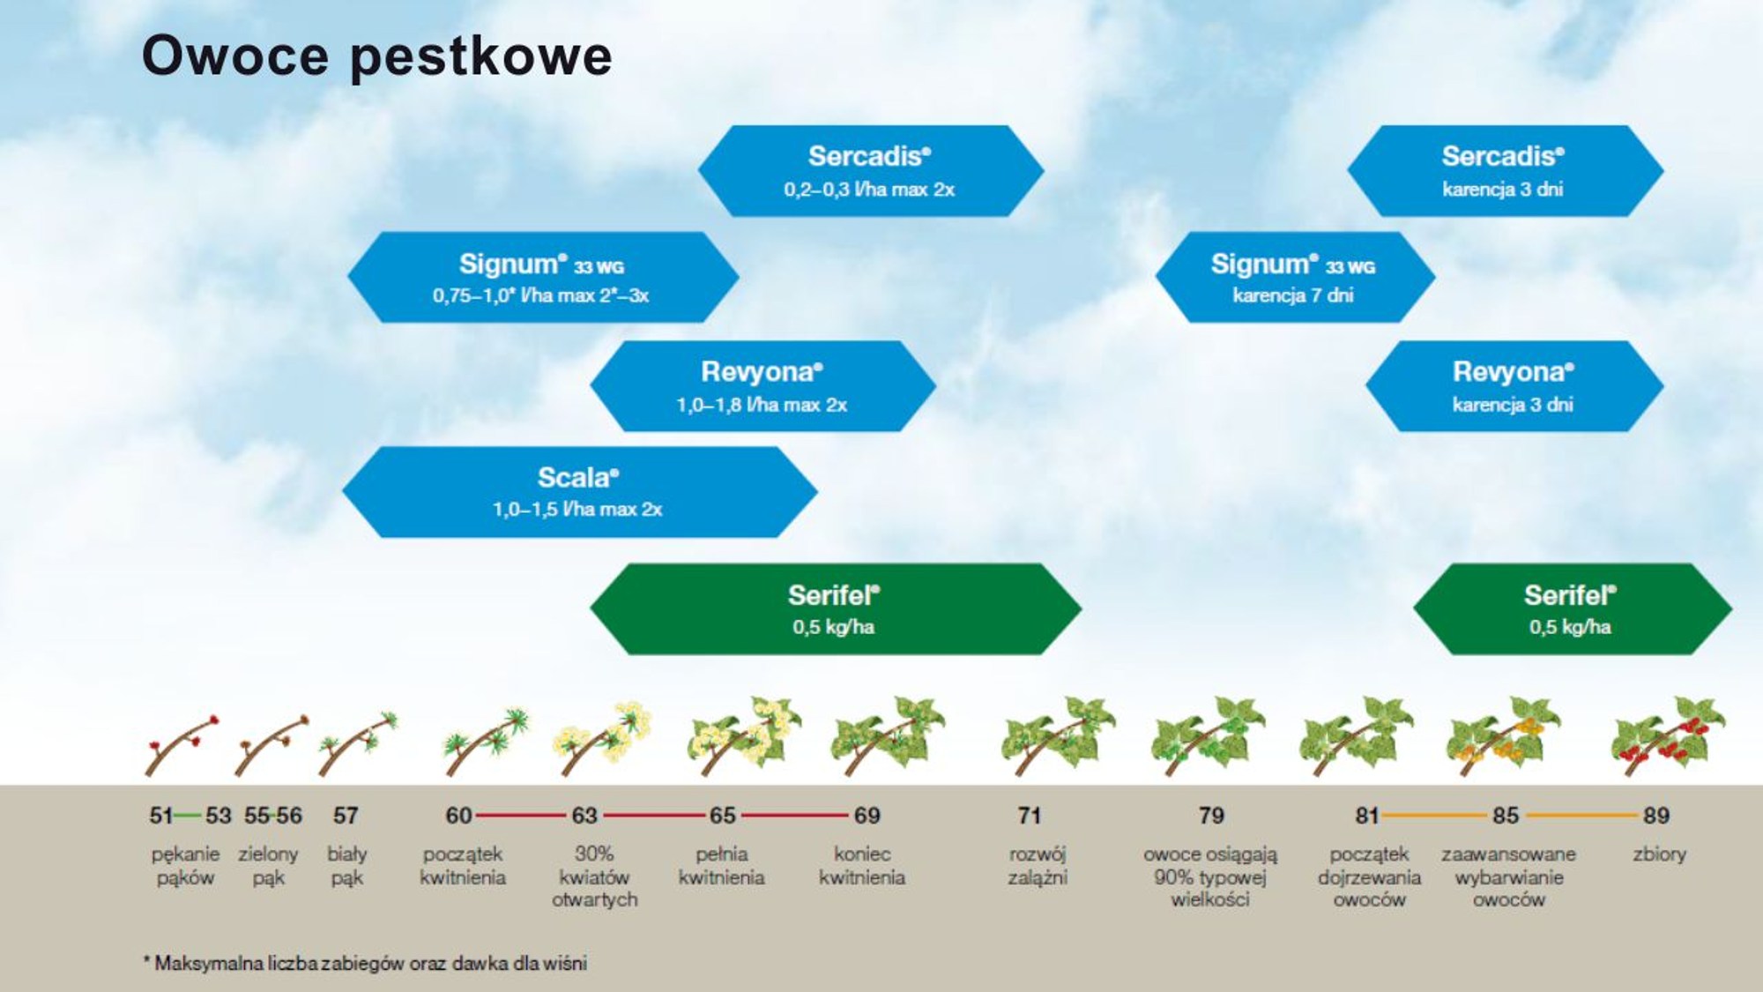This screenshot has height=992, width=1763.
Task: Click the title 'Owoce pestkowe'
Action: click(x=376, y=56)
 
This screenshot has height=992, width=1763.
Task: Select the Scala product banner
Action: click(x=579, y=492)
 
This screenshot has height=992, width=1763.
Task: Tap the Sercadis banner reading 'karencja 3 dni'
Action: click(x=1504, y=171)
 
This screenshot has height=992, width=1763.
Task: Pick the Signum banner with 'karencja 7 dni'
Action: click(x=1294, y=278)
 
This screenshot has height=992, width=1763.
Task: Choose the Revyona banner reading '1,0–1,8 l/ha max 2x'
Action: click(x=762, y=386)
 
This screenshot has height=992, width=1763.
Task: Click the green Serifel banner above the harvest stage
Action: click(x=1572, y=609)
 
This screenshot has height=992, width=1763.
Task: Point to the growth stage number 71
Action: click(x=1029, y=816)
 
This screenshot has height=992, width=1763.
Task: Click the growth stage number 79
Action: click(x=1211, y=816)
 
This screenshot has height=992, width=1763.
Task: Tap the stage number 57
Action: click(x=346, y=816)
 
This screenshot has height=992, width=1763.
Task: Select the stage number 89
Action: click(x=1655, y=816)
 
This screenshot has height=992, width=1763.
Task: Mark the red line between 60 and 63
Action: click(x=520, y=816)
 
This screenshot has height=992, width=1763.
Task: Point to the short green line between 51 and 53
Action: click(x=188, y=816)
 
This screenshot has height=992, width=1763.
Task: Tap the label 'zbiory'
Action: click(x=1659, y=854)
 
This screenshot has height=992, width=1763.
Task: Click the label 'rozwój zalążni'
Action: click(x=1038, y=865)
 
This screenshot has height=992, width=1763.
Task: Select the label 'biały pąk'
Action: click(x=346, y=865)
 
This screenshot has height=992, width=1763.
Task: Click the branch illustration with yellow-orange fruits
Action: click(x=1501, y=737)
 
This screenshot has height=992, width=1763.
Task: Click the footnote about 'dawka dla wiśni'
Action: click(x=366, y=963)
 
